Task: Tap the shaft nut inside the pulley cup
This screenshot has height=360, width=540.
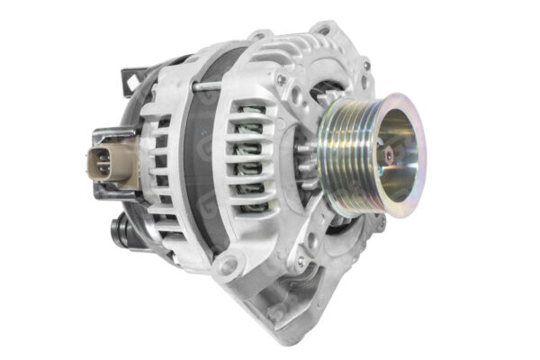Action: (388, 156)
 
